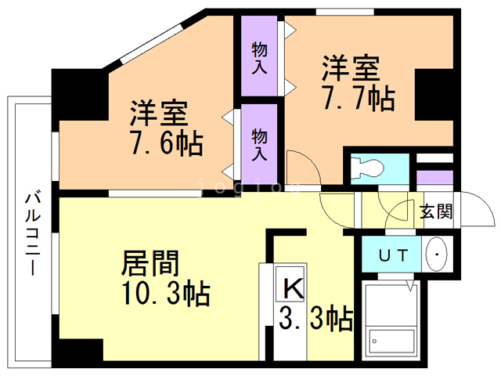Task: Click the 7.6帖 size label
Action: tap(166, 144)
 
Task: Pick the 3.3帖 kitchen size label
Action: tap(316, 318)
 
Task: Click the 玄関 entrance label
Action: tap(435, 212)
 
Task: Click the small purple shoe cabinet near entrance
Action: tap(434, 176)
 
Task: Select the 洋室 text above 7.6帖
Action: tap(158, 114)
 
